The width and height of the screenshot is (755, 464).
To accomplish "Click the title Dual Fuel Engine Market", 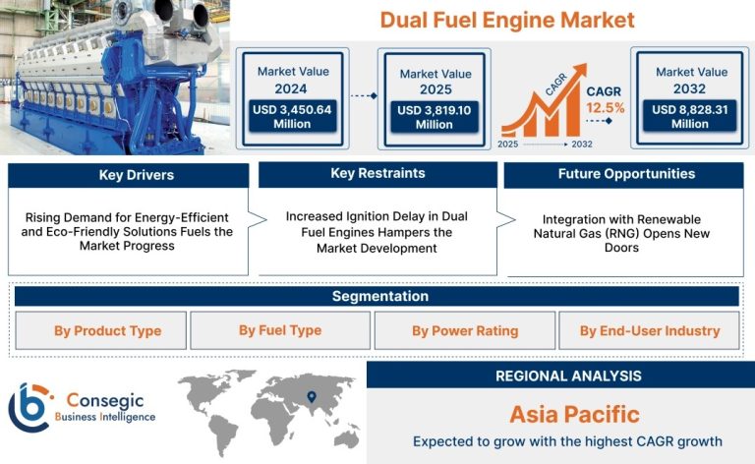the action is pyautogui.click(x=507, y=21).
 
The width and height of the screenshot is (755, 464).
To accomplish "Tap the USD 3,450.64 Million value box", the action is pyautogui.click(x=292, y=116).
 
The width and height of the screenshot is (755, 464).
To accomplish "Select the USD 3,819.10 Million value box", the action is pyautogui.click(x=435, y=117).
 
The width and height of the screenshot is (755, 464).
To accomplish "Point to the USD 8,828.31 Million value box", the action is pyautogui.click(x=690, y=116).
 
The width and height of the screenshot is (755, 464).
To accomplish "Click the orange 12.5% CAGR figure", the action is pyautogui.click(x=606, y=108).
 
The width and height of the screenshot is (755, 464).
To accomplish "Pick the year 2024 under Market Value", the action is pyautogui.click(x=291, y=89).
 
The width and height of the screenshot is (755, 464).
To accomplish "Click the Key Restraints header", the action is pyautogui.click(x=377, y=174).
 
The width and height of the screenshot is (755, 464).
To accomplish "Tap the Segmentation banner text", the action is pyautogui.click(x=380, y=296).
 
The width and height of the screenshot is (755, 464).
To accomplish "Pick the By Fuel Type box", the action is pyautogui.click(x=280, y=330).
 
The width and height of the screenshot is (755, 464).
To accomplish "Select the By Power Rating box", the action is pyautogui.click(x=465, y=330).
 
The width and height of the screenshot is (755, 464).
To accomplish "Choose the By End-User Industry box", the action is pyautogui.click(x=649, y=330).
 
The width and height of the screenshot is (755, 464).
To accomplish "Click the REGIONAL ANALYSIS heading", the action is pyautogui.click(x=568, y=376).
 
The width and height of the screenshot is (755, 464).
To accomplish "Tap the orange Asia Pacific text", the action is pyautogui.click(x=574, y=415).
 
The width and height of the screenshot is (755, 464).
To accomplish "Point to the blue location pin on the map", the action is pyautogui.click(x=312, y=396).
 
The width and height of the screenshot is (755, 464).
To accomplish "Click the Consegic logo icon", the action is pyautogui.click(x=29, y=408).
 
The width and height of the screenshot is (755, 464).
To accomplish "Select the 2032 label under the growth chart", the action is pyautogui.click(x=582, y=144).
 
